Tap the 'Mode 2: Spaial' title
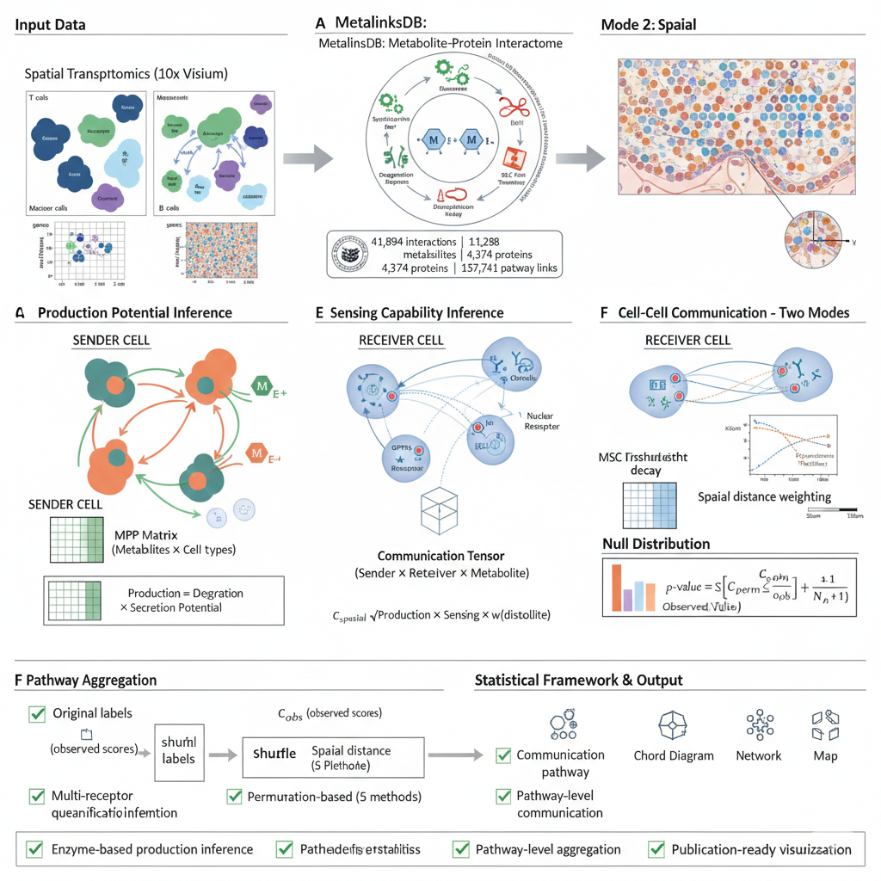[x=648, y=25]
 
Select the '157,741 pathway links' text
[x=508, y=268]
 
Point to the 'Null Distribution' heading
[x=656, y=544]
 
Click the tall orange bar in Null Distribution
[x=616, y=588]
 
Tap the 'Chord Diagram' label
[x=673, y=755]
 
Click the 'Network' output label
[x=758, y=755]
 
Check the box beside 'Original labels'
[x=37, y=713]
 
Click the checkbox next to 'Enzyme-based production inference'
[x=34, y=849]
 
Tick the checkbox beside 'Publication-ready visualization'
[x=656, y=849]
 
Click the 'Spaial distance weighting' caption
[x=764, y=496]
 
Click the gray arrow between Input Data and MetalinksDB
[x=308, y=158]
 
